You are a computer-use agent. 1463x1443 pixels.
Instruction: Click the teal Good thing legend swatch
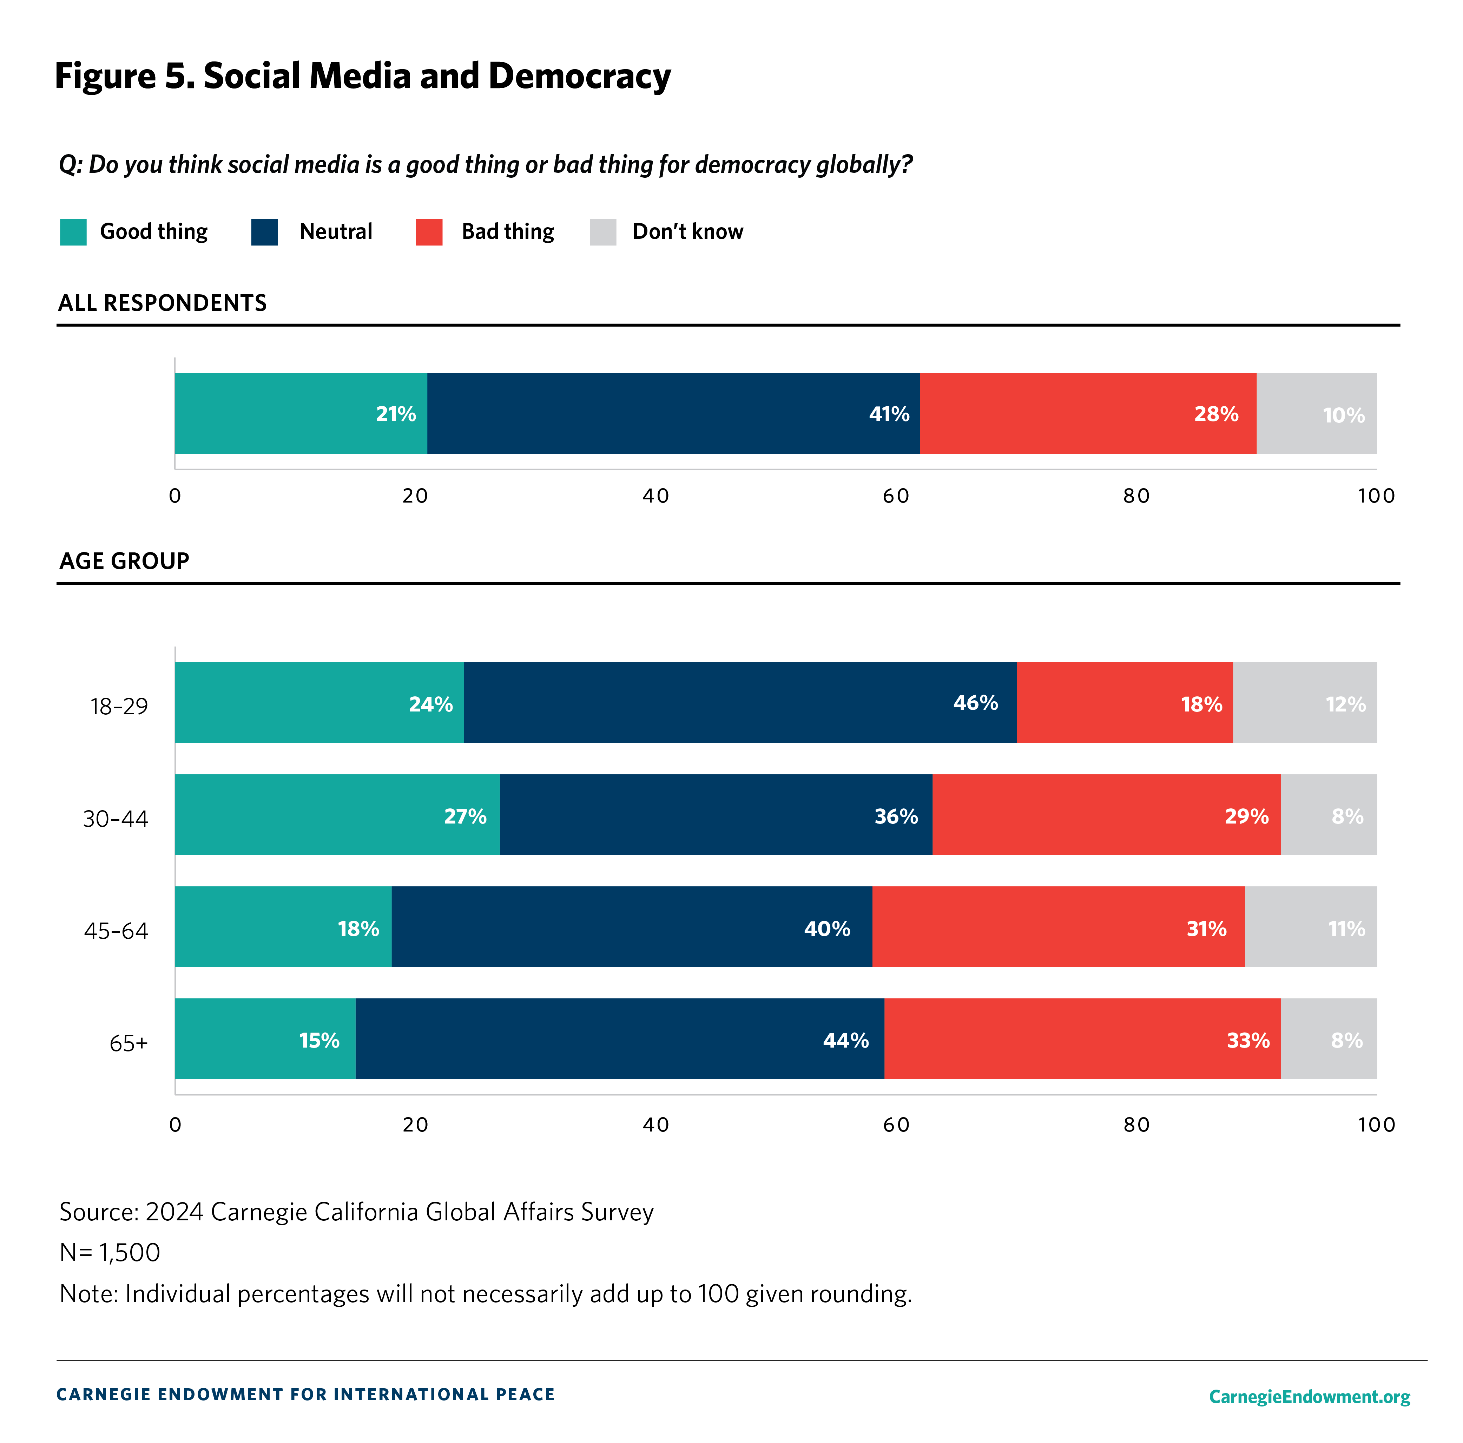point(73,232)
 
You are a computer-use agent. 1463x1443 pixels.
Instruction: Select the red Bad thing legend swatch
point(429,232)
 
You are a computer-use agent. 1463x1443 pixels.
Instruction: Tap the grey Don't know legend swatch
point(603,232)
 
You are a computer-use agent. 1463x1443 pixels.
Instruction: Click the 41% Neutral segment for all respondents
point(673,414)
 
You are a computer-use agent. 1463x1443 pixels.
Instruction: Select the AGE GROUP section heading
point(124,561)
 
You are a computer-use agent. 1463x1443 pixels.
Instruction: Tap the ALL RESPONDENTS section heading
point(162,303)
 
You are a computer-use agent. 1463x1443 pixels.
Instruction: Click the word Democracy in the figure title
point(579,77)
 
